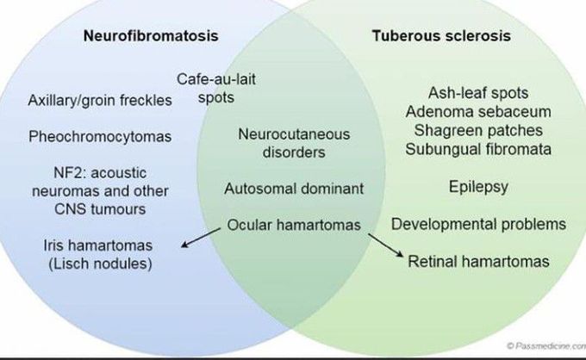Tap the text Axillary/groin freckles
coord(100,100)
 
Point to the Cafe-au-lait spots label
coord(216,89)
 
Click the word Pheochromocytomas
coord(100,136)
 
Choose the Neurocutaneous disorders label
coord(281,144)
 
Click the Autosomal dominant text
coord(294,187)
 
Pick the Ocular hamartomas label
coord(294,224)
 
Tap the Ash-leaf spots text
coord(477,93)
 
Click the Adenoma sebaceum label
coord(477,112)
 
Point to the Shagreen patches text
coord(477,131)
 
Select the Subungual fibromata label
coord(477,150)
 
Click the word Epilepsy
coord(477,187)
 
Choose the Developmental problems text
coord(478,224)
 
